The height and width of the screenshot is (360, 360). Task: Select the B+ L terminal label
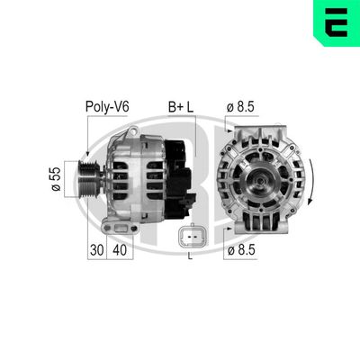[x=180, y=107]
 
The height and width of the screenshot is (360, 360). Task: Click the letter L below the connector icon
[x=190, y=258]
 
